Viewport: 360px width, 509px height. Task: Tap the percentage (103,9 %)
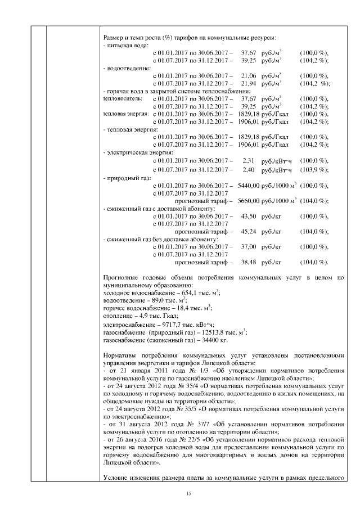tap(314, 169)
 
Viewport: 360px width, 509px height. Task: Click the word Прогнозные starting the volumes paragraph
tap(120, 277)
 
